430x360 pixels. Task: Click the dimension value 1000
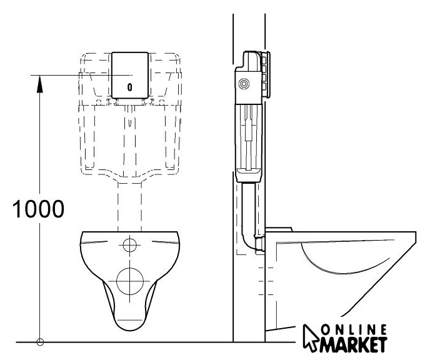pyautogui.click(x=38, y=209)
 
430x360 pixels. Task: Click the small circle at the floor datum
pyautogui.click(x=40, y=342)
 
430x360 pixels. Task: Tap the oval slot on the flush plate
pyautogui.click(x=130, y=87)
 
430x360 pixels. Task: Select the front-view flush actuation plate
pyautogui.click(x=130, y=75)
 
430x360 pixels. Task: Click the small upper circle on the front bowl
pyautogui.click(x=130, y=245)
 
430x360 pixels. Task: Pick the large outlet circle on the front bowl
pyautogui.click(x=130, y=281)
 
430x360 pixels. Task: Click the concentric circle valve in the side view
pyautogui.click(x=244, y=84)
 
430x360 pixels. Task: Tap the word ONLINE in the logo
pyautogui.click(x=354, y=330)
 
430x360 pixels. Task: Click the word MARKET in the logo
pyautogui.click(x=354, y=344)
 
